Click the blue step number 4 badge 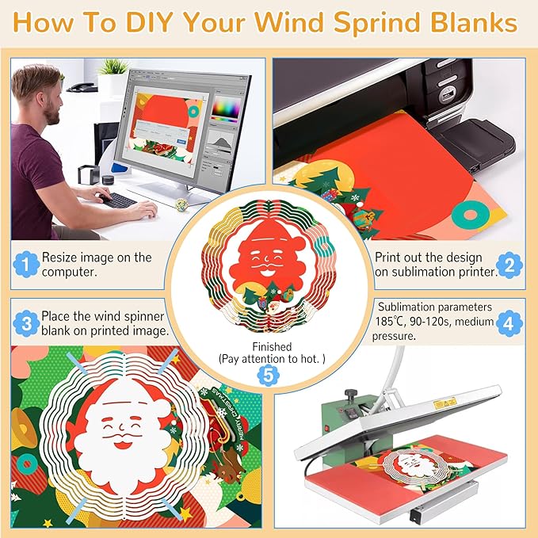[x=511, y=322]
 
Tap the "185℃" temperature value [x=394, y=322]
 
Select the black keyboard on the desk [x=116, y=200]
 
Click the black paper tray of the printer [x=475, y=143]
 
